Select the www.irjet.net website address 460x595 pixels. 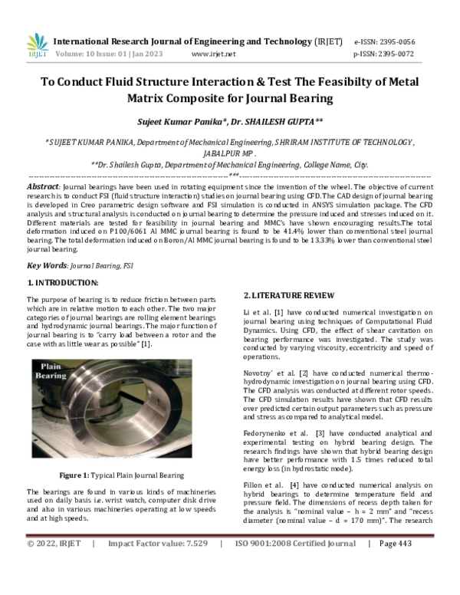click(213, 54)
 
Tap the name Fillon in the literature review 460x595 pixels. click(255, 486)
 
